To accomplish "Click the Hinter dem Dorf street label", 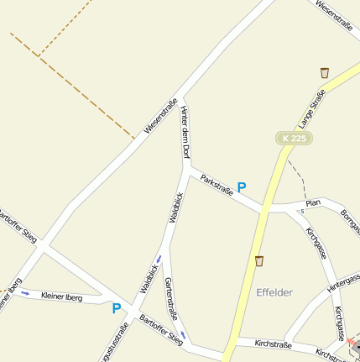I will pos(185,133).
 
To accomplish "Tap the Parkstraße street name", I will pos(217,186).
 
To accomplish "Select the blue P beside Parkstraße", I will pos(242,188).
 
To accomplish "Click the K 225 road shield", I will pos(293,137).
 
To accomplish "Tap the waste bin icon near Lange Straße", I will pos(325,73).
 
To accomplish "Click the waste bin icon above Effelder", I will pos(259,261).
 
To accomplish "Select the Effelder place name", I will pos(274,292).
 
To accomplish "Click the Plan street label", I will pos(314,203).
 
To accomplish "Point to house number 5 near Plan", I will pos(302,211).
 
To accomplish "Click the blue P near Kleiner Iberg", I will pos(117,308).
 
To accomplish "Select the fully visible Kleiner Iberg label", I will pos(61,296).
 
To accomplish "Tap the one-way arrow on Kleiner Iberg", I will pos(25,293).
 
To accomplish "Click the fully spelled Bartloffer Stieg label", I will pos(161,330).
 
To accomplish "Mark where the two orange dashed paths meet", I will pos(38,56).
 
